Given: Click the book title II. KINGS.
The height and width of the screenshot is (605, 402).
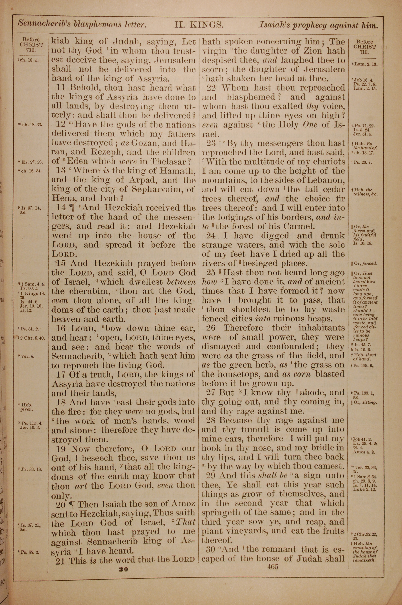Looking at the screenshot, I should [x=199, y=25].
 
